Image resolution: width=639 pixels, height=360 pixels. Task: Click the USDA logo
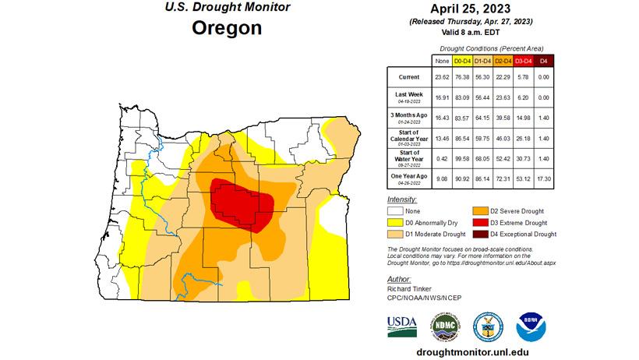pyautogui.click(x=403, y=325)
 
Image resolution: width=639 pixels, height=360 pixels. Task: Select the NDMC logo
pyautogui.click(x=445, y=325)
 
